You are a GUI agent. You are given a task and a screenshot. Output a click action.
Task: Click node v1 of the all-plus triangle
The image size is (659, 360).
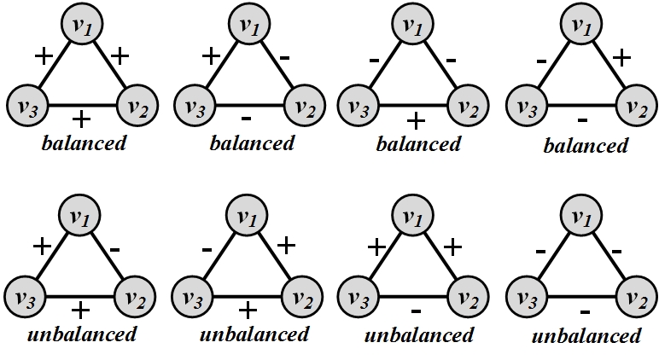click(x=82, y=24)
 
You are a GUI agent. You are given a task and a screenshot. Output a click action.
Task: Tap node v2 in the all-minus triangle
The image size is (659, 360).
click(x=635, y=297)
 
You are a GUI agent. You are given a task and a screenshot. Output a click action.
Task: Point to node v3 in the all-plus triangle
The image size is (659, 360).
click(x=27, y=105)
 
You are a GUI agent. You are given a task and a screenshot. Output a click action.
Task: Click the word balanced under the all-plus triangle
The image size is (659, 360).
click(x=84, y=143)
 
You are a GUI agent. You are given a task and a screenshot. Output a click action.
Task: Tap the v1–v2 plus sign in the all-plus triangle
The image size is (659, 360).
click(x=120, y=55)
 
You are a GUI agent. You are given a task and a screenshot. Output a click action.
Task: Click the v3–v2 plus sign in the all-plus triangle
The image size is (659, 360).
click(x=81, y=120)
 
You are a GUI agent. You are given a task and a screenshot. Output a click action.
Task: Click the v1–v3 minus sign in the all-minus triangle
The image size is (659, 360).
click(x=541, y=252)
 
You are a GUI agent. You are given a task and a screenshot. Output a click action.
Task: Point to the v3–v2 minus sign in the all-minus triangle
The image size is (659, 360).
click(x=585, y=311)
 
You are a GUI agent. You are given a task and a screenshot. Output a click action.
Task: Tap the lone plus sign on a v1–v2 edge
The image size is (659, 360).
click(x=622, y=57)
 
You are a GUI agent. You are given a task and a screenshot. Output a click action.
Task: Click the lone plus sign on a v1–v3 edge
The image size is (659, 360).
click(x=211, y=55)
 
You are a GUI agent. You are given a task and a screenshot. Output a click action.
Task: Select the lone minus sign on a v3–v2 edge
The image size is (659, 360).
click(x=416, y=311)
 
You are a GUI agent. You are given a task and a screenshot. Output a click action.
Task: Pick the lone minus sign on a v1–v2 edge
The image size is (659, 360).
click(x=114, y=250)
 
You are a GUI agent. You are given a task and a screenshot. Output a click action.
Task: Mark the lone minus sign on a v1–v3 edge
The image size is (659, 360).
click(x=207, y=250)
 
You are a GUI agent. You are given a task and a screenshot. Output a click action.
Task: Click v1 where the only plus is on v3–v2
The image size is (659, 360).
click(x=412, y=24)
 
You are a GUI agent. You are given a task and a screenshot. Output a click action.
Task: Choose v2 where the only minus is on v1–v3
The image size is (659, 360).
click(x=302, y=297)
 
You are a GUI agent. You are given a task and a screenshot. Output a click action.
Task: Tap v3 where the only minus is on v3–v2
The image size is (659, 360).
click(x=359, y=297)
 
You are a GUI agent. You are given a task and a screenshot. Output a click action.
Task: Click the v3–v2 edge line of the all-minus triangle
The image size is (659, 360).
click(x=581, y=297)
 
